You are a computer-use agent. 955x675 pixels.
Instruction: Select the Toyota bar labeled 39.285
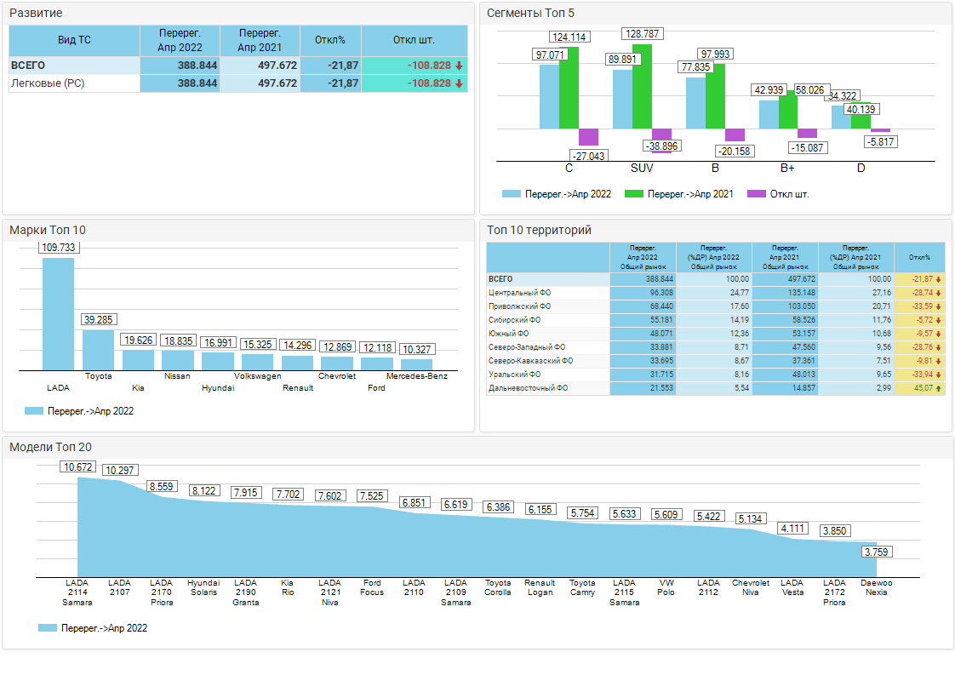click(98, 349)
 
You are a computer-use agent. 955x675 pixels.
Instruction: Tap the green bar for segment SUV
click(642, 86)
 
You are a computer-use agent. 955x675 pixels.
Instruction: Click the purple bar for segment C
click(588, 137)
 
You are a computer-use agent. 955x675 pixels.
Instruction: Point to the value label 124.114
click(569, 37)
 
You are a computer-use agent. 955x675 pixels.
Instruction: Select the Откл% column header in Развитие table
click(330, 40)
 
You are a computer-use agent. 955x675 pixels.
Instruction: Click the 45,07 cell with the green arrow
click(919, 388)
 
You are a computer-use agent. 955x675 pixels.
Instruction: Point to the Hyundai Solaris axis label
click(203, 587)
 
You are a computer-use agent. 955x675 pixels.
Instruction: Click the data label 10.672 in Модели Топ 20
click(78, 467)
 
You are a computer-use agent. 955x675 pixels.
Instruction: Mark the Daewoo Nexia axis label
click(877, 587)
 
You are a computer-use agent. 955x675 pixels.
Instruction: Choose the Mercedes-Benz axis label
click(416, 375)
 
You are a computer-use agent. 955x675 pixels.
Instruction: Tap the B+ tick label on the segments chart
click(787, 168)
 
